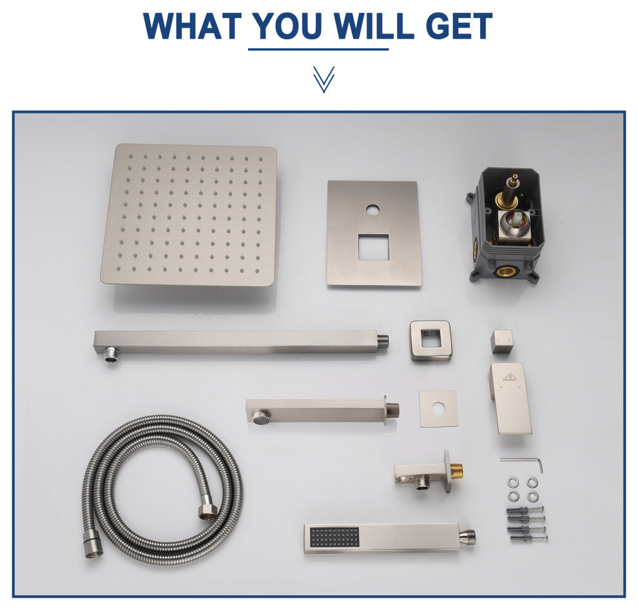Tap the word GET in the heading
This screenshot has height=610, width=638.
(459, 26)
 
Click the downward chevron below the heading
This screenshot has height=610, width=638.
(324, 79)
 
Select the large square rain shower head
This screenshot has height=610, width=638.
(189, 215)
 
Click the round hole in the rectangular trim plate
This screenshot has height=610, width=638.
(372, 210)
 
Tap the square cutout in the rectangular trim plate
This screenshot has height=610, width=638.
(374, 247)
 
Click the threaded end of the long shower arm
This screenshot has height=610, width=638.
(383, 341)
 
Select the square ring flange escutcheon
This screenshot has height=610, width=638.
(431, 340)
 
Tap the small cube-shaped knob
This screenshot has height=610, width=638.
(502, 341)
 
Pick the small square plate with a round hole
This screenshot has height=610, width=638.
(438, 409)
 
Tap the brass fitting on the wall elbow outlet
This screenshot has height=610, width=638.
(457, 471)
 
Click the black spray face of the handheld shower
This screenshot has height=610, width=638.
(334, 538)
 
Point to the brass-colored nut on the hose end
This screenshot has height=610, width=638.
(208, 511)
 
